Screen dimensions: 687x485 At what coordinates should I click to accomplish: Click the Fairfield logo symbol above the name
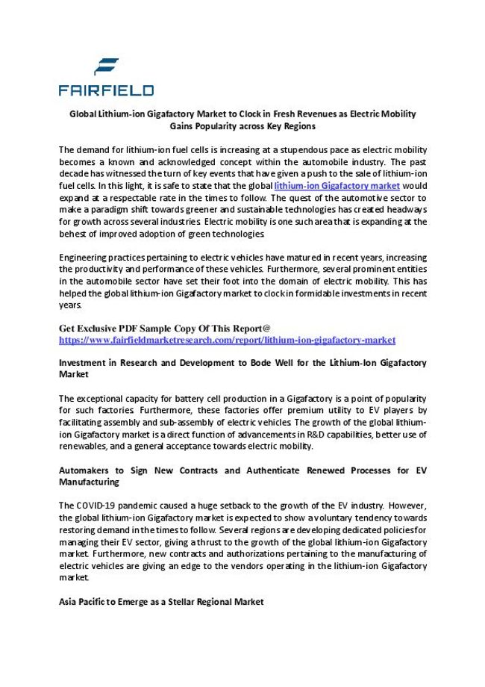106,67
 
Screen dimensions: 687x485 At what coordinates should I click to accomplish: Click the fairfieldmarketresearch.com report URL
227,341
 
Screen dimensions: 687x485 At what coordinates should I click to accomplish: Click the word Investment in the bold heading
86,363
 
